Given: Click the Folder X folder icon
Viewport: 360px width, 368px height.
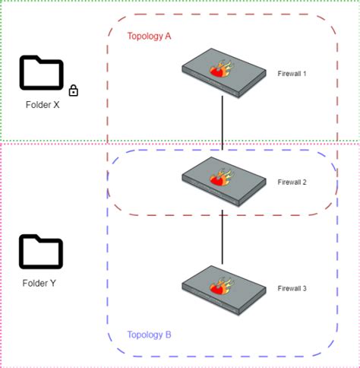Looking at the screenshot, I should pyautogui.click(x=41, y=73).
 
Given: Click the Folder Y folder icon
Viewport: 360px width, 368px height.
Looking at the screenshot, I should pyautogui.click(x=41, y=252).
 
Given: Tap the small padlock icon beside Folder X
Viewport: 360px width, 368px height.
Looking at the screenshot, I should pyautogui.click(x=74, y=91).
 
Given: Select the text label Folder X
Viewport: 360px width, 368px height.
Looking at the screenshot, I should pyautogui.click(x=42, y=105).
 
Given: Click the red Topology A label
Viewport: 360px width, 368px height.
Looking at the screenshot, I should pyautogui.click(x=149, y=36).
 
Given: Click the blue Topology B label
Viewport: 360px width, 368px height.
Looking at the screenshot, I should pyautogui.click(x=149, y=335).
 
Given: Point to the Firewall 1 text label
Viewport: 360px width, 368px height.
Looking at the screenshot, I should pyautogui.click(x=292, y=73).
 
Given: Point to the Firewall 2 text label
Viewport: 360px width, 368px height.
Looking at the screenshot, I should pyautogui.click(x=292, y=182).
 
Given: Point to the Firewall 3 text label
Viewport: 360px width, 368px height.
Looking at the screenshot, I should pyautogui.click(x=292, y=288).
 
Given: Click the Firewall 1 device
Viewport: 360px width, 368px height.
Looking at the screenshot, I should pyautogui.click(x=224, y=73).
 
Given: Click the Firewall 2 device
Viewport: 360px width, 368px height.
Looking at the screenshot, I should pyautogui.click(x=224, y=181).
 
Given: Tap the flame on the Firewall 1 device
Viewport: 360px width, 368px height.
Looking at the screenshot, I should pyautogui.click(x=221, y=70).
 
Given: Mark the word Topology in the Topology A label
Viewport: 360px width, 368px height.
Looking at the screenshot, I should pyautogui.click(x=144, y=36).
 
